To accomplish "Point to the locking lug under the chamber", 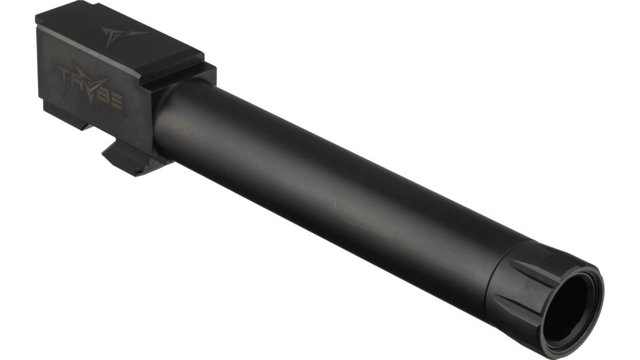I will (131, 157).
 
